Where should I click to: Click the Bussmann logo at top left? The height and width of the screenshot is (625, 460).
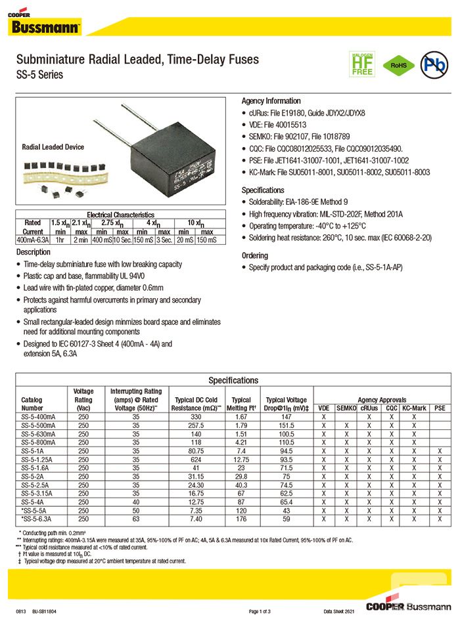45,26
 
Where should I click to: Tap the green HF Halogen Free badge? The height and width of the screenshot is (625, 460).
361,64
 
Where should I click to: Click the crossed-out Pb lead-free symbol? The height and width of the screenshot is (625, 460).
434,64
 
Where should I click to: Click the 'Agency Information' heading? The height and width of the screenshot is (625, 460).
271,101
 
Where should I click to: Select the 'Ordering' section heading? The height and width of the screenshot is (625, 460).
255,255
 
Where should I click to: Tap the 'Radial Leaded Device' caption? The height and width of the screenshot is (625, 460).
53,147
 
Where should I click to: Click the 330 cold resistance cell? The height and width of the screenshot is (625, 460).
196,417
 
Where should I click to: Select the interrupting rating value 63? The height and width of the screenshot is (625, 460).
136,519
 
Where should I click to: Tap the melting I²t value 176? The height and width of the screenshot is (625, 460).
241,519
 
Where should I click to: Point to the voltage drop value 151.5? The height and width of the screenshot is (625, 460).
286,425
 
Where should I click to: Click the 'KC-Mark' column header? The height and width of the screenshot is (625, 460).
414,408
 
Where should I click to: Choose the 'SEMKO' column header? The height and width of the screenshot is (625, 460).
346,408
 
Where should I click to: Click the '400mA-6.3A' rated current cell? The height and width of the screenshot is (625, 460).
32,240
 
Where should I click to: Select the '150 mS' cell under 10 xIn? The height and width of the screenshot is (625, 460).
207,240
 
